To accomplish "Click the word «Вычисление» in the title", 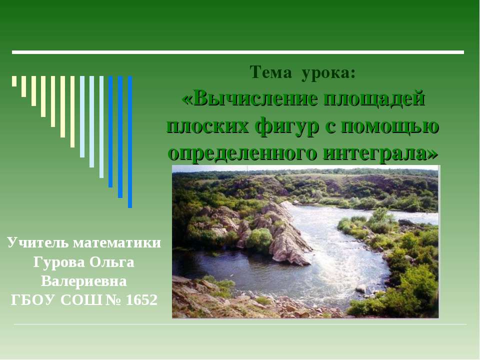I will [250, 98].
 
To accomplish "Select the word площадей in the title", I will [375, 98].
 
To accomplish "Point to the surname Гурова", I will [59, 262].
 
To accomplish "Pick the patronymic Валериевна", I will [84, 281].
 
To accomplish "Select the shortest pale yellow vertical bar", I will [14, 81].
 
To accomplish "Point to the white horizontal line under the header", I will [238, 52].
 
